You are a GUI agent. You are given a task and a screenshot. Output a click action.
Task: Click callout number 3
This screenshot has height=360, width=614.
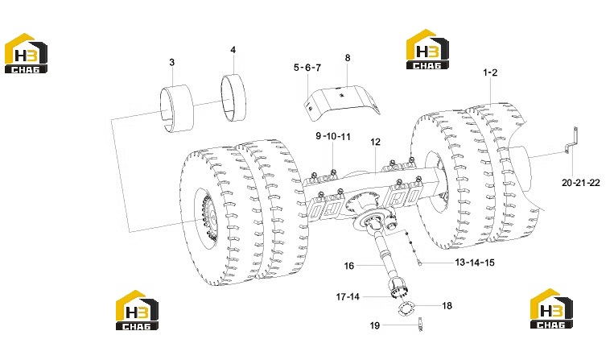click(172, 62)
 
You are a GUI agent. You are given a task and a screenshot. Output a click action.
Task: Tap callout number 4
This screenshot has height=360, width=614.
click(233, 50)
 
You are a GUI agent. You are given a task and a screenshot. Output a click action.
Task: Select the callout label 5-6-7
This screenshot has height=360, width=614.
click(307, 68)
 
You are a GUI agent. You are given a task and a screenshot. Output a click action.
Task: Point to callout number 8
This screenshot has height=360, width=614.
click(348, 58)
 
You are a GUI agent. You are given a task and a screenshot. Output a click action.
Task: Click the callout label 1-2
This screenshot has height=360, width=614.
click(490, 72)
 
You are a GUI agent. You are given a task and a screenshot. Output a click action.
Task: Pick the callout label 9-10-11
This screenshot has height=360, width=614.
click(333, 136)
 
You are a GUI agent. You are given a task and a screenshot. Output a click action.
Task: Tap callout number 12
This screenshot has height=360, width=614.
click(375, 142)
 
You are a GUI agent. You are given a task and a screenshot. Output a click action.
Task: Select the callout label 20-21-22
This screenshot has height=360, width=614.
click(581, 183)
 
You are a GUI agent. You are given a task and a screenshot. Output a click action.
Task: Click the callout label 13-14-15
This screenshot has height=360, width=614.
click(475, 263)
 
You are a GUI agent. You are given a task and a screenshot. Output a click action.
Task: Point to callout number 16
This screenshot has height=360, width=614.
click(349, 266)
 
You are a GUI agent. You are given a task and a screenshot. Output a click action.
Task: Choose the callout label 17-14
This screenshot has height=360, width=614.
click(348, 296)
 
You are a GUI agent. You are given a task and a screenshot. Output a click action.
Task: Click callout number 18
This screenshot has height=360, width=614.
click(447, 305)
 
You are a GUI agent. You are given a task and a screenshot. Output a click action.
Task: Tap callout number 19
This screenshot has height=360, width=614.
click(375, 325)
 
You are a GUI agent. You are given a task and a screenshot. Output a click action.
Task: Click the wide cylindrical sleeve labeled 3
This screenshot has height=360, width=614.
click(177, 108)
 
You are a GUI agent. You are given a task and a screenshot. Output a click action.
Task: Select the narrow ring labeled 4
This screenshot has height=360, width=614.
click(233, 98)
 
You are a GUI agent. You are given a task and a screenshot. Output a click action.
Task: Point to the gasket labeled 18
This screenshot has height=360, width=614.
click(404, 308)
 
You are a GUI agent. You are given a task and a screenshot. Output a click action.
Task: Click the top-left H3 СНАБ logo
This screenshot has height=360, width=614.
click(26, 53)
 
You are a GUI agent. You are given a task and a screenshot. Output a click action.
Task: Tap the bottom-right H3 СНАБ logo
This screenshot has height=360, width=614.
click(551, 308)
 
